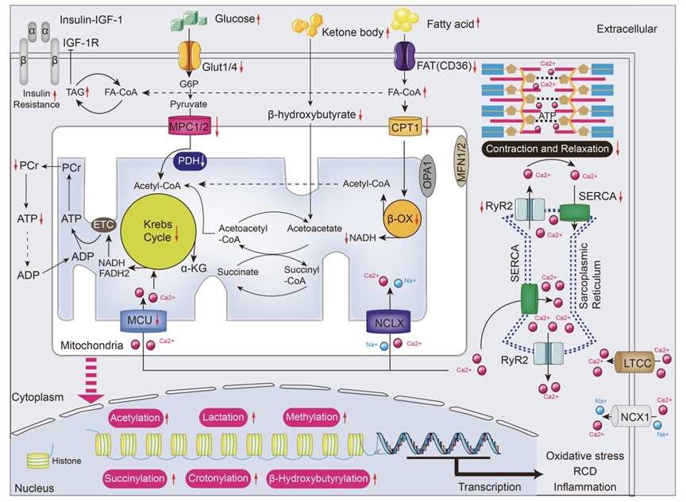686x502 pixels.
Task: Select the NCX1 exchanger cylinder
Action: [628, 415]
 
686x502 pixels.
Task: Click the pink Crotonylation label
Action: [218, 479]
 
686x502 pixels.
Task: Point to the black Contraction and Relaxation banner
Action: [549, 148]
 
